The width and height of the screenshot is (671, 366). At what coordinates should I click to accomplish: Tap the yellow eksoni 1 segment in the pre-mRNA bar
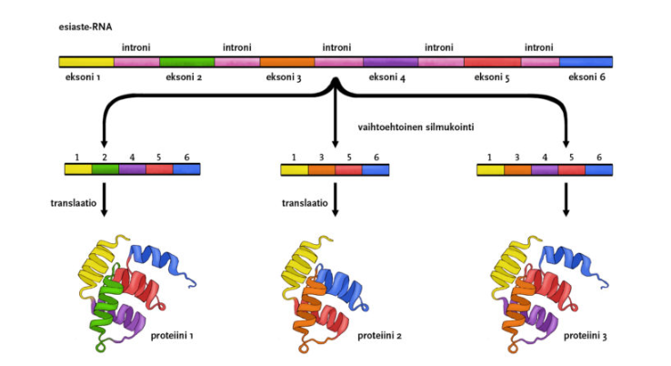(x=85, y=61)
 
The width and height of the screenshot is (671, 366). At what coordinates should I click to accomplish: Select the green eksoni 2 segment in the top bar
(x=185, y=61)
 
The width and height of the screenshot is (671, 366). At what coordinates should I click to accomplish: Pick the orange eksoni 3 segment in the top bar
(x=286, y=61)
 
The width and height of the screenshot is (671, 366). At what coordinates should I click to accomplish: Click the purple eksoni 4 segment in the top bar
(x=390, y=61)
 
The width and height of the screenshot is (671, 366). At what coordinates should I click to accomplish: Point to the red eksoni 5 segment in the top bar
(x=492, y=61)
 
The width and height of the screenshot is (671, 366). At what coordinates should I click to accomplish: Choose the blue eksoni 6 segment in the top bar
(x=585, y=61)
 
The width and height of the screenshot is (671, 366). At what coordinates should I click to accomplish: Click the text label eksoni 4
(x=388, y=78)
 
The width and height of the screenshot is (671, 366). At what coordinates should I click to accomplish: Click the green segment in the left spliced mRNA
(x=105, y=168)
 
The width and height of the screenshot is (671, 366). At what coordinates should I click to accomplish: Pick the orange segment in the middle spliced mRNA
(x=322, y=168)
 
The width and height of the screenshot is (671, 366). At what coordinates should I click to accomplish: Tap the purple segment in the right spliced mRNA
(x=544, y=168)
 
